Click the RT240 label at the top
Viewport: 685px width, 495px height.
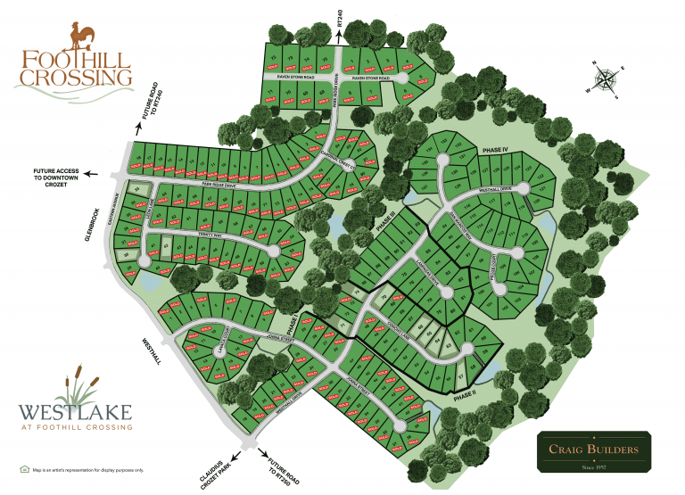(339, 17)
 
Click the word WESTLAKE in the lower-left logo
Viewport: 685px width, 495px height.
(75, 412)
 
